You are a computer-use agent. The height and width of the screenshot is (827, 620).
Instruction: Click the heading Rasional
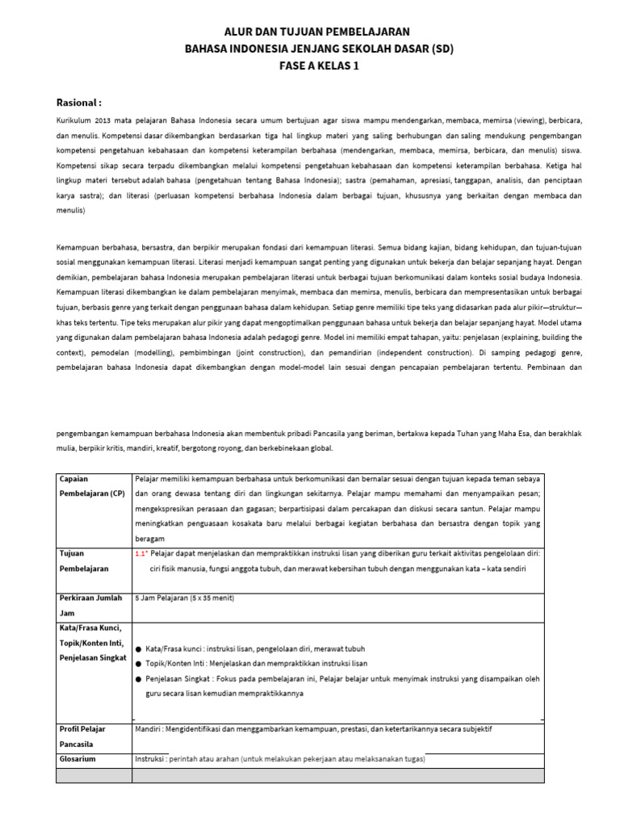click(78, 103)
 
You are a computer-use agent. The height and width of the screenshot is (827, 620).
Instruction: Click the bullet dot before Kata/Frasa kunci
click(138, 649)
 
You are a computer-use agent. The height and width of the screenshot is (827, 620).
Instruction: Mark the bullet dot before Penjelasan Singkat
click(138, 679)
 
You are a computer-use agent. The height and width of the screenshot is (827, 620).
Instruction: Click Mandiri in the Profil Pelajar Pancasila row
click(151, 729)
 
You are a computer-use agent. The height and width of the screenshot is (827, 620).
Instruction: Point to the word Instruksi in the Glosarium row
click(152, 760)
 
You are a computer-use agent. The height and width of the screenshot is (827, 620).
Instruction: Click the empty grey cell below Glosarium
click(94, 775)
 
